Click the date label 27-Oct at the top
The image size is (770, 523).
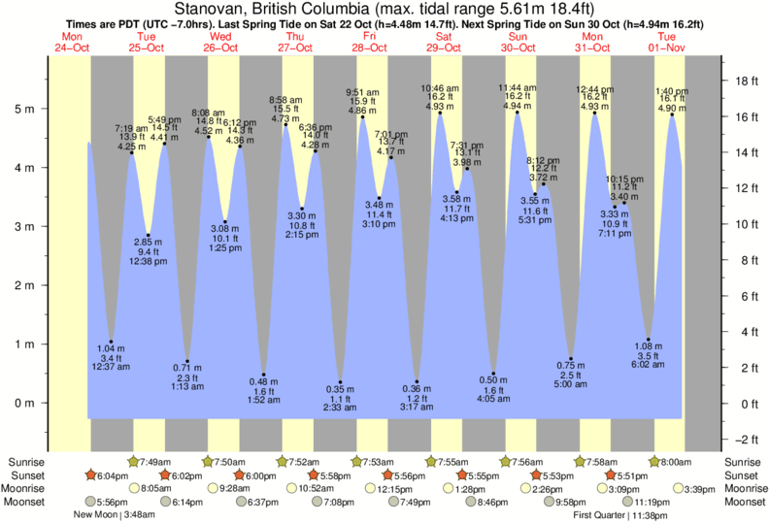(x=294, y=48)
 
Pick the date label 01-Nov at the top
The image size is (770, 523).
(x=669, y=48)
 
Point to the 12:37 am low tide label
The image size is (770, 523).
(x=111, y=367)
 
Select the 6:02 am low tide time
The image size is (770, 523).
(x=648, y=365)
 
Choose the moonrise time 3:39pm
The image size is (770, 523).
(x=701, y=489)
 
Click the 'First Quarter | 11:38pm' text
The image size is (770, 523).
(x=617, y=516)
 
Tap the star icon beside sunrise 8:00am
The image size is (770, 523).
(x=653, y=461)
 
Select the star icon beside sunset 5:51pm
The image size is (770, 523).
(x=610, y=475)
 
